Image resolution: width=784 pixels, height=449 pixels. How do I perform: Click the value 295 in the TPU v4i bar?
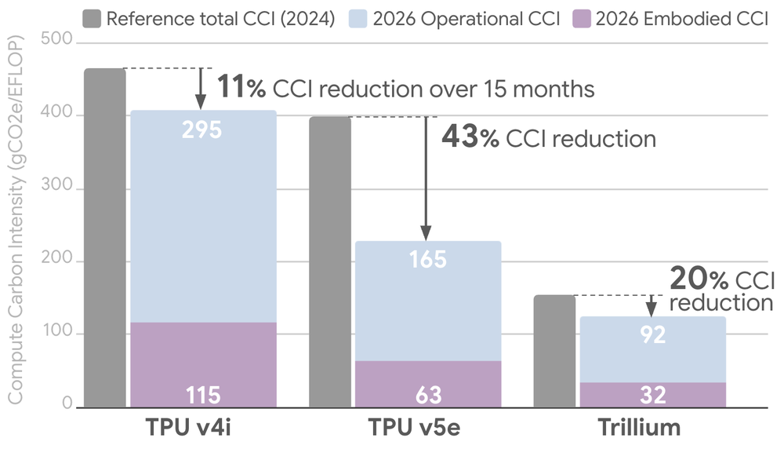tap(202, 130)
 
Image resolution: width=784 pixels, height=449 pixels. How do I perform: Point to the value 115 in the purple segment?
tap(202, 394)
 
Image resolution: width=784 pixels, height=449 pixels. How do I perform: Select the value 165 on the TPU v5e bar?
tap(428, 258)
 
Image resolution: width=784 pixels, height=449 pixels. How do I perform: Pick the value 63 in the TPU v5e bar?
tap(428, 394)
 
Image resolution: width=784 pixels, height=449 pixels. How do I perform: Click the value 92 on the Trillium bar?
tap(653, 335)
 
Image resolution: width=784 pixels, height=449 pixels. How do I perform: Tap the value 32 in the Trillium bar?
tap(653, 394)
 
